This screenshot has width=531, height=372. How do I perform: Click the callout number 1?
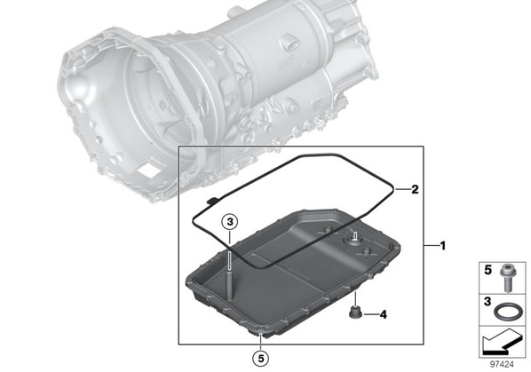pyautogui.click(x=442, y=245)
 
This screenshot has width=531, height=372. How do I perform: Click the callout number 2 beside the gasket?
pyautogui.click(x=415, y=189)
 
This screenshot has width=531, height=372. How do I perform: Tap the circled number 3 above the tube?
pyautogui.click(x=230, y=222)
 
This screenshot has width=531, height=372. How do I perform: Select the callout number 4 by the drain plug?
pyautogui.click(x=383, y=315)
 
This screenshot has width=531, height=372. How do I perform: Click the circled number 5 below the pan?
pyautogui.click(x=261, y=359)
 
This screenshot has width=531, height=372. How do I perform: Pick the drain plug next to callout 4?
pyautogui.click(x=355, y=313)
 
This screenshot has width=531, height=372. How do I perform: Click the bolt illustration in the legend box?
pyautogui.click(x=507, y=278)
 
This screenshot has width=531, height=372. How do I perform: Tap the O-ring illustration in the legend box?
pyautogui.click(x=505, y=311)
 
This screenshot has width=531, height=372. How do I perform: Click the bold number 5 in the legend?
pyautogui.click(x=488, y=270)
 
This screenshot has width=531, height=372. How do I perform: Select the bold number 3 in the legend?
pyautogui.click(x=487, y=301)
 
